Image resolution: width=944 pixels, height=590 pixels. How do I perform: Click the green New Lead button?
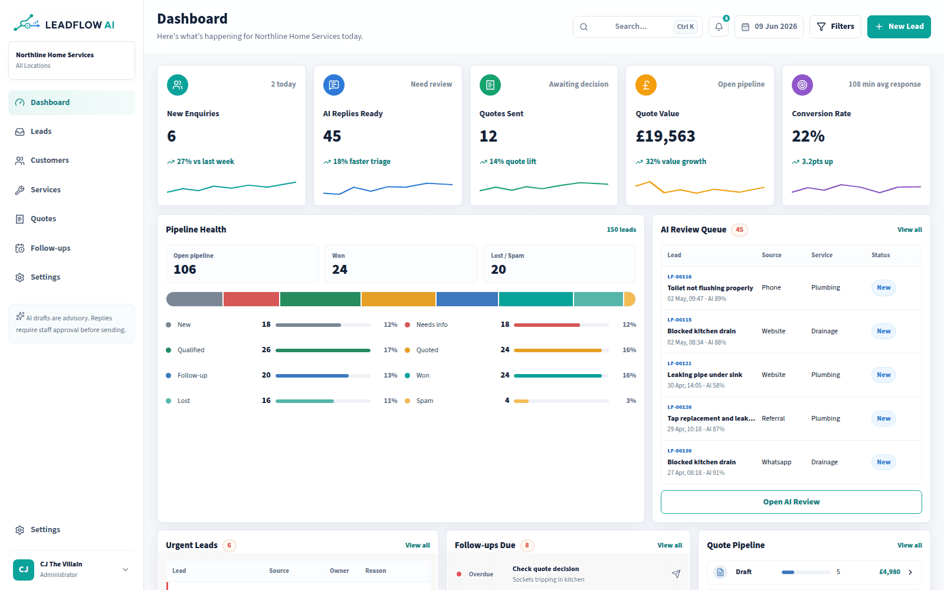899,27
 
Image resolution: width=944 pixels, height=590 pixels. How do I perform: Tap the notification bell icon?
719,27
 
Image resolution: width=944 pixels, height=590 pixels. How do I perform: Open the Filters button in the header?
835,27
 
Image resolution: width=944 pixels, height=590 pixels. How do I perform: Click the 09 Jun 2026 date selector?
769,27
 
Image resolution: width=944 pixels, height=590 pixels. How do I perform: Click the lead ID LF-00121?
679,363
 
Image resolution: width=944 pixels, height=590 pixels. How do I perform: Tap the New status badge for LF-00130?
883,462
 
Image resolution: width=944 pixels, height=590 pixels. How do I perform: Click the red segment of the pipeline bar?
251,299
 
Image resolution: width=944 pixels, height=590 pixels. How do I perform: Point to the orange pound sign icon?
645,85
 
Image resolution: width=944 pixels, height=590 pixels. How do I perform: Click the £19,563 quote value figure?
666,136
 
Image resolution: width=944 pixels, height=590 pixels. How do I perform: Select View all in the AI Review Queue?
909,230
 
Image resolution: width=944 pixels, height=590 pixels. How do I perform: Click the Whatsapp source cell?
776,462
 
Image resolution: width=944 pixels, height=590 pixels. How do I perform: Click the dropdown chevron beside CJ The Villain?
125,570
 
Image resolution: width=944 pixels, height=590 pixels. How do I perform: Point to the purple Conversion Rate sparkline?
856,188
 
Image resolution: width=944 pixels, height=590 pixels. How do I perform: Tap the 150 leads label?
621,230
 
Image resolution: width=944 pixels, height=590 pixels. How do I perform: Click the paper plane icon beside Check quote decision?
676,573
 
